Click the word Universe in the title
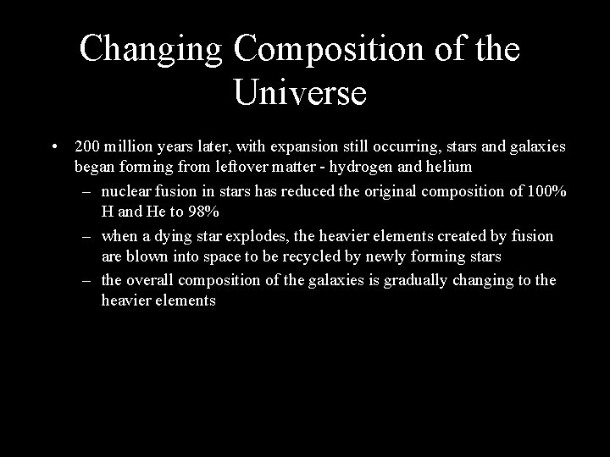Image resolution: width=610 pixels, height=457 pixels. (299, 91)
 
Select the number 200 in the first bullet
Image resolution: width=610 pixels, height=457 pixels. (87, 147)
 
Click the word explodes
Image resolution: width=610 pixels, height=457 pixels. (252, 235)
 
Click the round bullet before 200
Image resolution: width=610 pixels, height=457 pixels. (53, 147)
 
